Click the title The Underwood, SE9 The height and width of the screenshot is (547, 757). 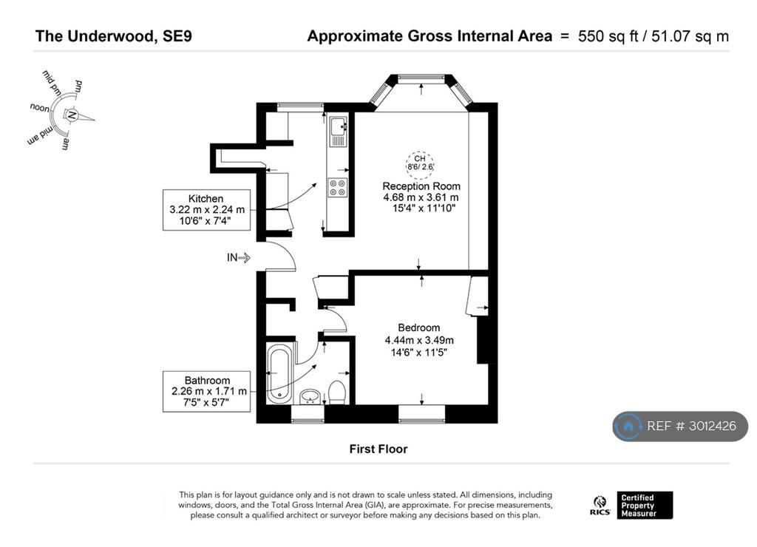[113, 36]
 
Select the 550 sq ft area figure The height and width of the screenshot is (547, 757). [608, 36]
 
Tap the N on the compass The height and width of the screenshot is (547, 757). [72, 115]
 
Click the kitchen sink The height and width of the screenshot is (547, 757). [338, 131]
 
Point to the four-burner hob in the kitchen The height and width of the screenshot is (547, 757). [337, 187]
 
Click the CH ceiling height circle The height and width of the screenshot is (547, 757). [420, 163]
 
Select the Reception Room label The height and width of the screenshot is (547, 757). [421, 186]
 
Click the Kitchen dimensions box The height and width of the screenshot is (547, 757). [206, 209]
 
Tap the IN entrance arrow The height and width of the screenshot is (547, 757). [239, 257]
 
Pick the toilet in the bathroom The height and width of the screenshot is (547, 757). [336, 392]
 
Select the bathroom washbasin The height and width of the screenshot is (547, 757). [310, 397]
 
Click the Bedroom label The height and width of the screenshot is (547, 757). [419, 327]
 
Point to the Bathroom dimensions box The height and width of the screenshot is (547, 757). [206, 391]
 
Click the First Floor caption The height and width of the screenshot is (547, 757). [378, 449]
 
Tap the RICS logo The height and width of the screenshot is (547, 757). [600, 506]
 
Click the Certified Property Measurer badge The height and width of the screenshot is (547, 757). [645, 506]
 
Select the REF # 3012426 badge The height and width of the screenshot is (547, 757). [680, 426]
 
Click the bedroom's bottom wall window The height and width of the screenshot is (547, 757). [421, 414]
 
